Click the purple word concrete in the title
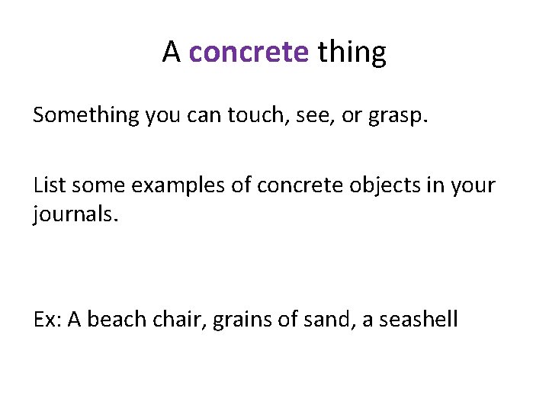point(249,53)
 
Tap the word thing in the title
point(352,53)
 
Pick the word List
point(48,185)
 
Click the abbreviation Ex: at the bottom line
point(47,318)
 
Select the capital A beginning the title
point(171,53)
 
